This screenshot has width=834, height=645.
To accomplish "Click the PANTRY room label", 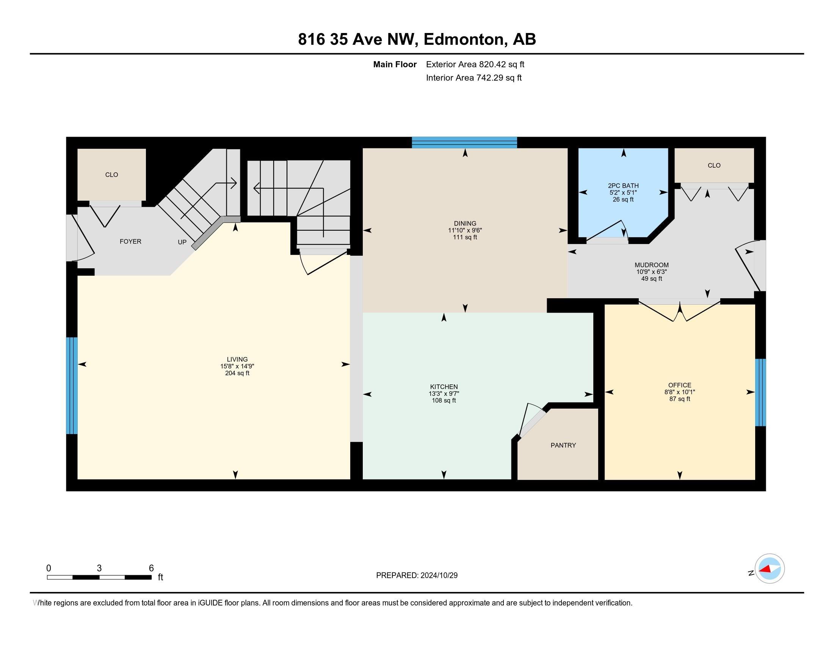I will point(563,445).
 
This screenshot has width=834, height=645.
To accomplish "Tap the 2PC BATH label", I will point(623,186).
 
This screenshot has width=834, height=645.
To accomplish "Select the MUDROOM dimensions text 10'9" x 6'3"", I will point(651,272).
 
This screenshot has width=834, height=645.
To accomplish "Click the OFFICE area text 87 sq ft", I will point(679,399).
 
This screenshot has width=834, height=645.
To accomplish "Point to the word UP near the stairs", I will point(182,242).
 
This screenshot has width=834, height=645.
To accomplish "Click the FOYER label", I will point(130,241).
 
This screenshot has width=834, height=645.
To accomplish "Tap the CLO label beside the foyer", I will point(111,175).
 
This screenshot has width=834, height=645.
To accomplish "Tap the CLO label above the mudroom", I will point(714,165).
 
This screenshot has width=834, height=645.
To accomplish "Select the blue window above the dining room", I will point(464,143).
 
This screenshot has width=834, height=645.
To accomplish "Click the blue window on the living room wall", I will point(71,385).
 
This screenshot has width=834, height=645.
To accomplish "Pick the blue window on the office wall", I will point(760,392).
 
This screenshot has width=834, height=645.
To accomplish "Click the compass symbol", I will point(769,569).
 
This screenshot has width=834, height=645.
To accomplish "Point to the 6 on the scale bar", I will point(151,568).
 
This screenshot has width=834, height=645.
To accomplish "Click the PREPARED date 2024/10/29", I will point(438,576).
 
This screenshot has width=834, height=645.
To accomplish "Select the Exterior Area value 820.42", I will point(492,64).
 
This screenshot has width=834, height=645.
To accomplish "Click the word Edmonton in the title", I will point(463,39).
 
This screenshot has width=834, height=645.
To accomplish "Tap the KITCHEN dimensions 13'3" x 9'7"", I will point(444,393).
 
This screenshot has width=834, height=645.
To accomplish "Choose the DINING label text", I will point(465,223).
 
